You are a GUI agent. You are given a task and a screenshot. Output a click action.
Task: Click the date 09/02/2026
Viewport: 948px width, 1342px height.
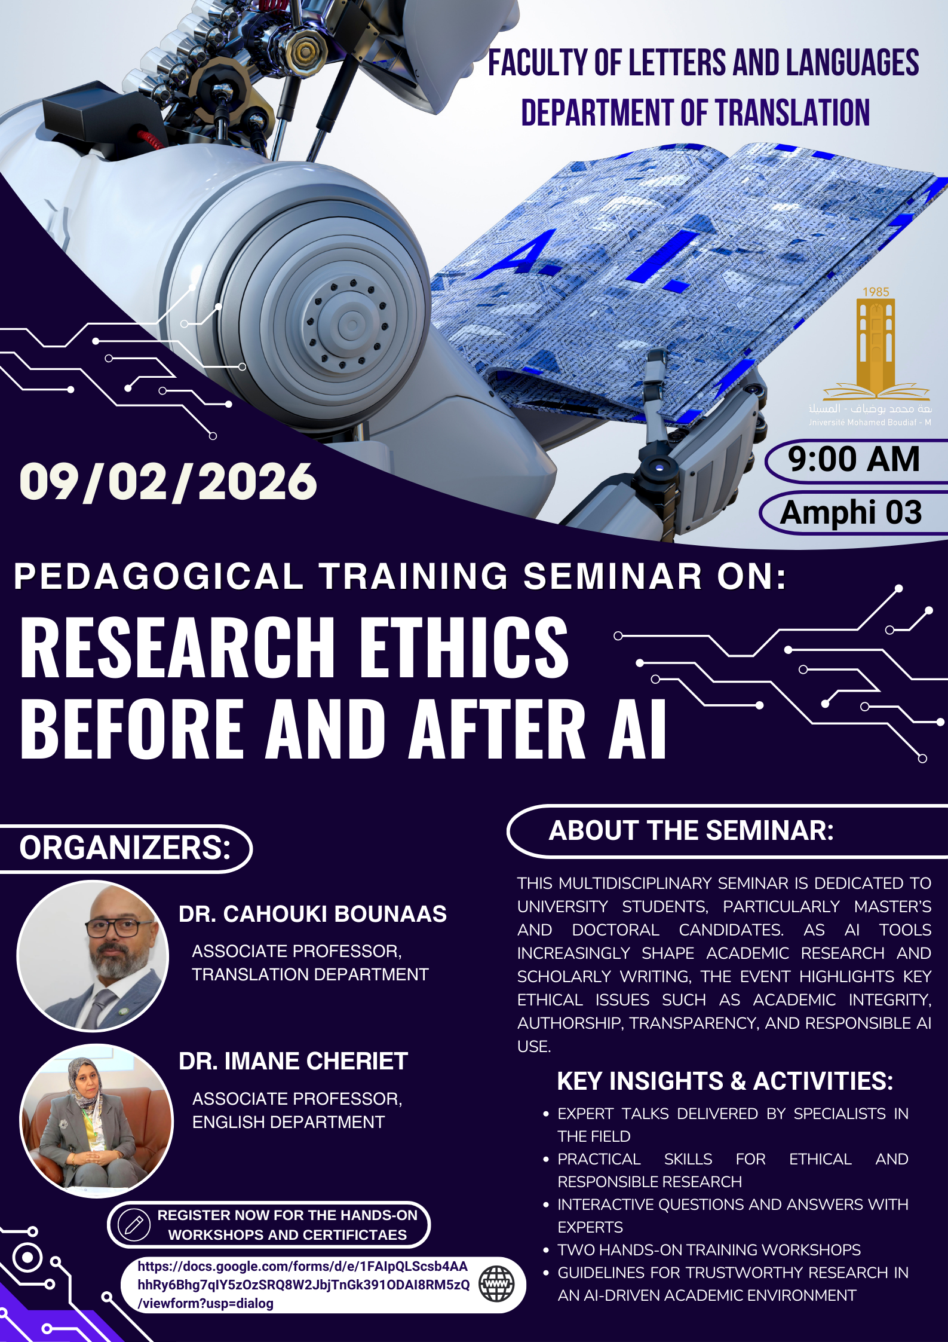click(168, 482)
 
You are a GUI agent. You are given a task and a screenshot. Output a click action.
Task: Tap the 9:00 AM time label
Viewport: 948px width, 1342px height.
click(854, 459)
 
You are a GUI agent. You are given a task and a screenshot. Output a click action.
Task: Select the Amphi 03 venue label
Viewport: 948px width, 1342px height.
click(851, 512)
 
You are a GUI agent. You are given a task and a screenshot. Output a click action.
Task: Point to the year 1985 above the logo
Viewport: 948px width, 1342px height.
click(876, 292)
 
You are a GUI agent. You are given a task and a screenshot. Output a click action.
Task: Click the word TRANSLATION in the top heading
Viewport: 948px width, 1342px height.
click(793, 113)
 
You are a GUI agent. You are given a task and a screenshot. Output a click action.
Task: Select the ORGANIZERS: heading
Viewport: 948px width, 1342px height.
click(125, 848)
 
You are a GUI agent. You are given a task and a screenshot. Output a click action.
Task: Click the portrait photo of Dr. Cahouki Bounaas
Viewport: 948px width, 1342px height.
click(93, 956)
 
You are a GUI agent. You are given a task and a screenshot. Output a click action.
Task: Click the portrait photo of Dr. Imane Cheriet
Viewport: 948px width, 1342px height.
click(97, 1121)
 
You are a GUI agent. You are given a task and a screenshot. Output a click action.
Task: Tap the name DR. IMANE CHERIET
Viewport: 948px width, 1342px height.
click(293, 1061)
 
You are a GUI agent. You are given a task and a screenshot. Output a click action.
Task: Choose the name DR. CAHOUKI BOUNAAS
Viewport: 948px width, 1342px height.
click(312, 914)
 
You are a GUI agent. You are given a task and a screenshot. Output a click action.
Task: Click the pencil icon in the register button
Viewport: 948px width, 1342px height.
click(133, 1225)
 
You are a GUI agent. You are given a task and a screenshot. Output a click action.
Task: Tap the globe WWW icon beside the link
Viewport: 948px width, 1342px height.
click(496, 1284)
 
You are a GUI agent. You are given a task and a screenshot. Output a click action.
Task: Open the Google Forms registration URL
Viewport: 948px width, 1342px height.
click(303, 1285)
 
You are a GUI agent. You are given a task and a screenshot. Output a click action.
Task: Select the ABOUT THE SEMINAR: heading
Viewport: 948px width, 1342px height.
click(691, 830)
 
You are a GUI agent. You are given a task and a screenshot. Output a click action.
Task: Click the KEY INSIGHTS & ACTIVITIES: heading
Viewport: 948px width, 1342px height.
click(725, 1081)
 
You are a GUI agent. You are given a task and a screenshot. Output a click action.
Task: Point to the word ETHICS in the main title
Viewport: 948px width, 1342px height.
click(464, 648)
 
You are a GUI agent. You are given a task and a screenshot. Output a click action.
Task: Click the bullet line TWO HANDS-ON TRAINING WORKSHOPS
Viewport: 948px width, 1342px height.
click(709, 1250)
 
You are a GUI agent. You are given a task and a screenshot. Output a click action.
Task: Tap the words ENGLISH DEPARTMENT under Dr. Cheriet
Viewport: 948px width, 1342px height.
click(289, 1122)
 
